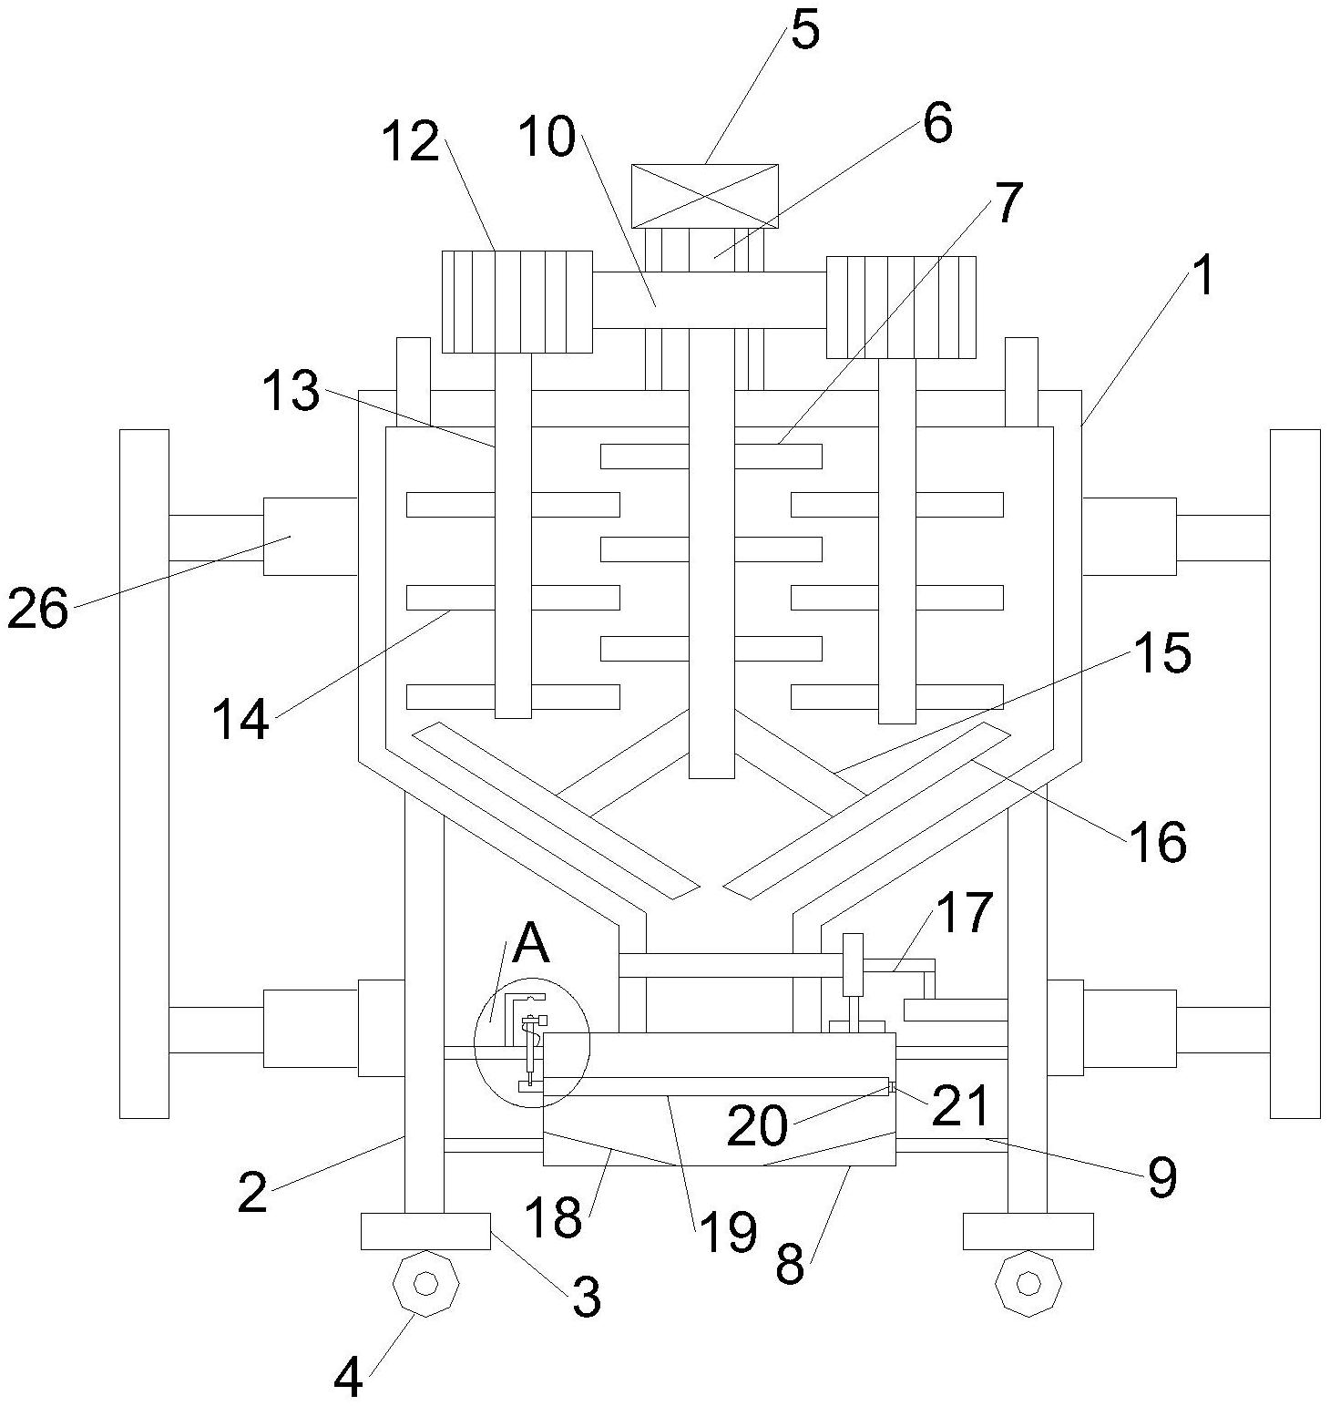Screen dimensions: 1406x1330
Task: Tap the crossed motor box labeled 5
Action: [x=705, y=196]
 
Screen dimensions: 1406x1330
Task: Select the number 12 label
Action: [x=411, y=143]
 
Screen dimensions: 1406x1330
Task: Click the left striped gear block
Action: [x=517, y=302]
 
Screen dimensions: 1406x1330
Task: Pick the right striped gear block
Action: [x=901, y=307]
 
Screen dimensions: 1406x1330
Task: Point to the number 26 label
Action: [x=37, y=609]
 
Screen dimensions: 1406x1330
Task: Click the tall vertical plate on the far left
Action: [x=144, y=773]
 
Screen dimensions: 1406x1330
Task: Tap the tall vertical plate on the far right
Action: [x=1294, y=773]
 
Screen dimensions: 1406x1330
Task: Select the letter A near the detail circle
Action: [x=531, y=944]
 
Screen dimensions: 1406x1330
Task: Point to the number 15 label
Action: [x=1161, y=652]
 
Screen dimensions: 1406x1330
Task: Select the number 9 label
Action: [x=1161, y=1176]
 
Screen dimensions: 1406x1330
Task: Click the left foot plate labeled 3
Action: [x=425, y=1231]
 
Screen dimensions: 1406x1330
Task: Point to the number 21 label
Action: [x=959, y=1105]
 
